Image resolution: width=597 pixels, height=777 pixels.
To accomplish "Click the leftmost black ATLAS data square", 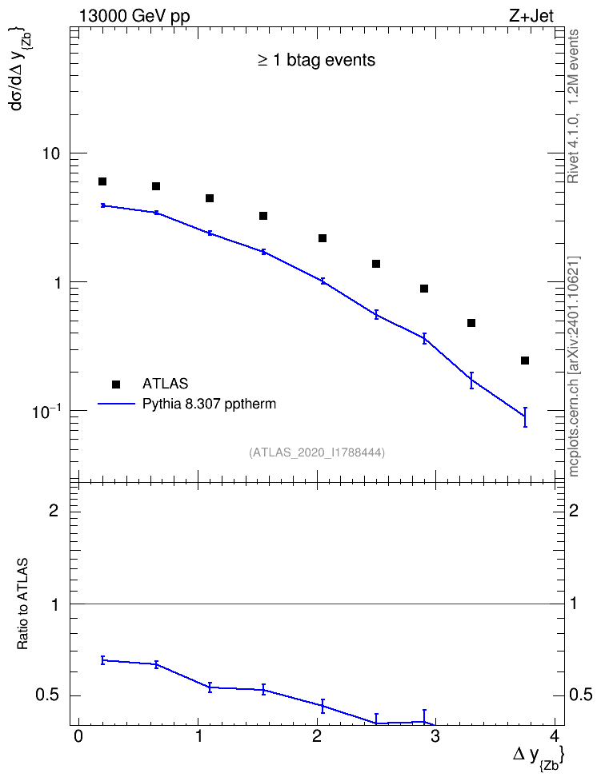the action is [x=102, y=181].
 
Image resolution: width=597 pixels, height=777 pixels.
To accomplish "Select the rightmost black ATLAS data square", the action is [x=525, y=361].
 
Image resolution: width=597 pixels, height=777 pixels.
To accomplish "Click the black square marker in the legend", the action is [x=116, y=384].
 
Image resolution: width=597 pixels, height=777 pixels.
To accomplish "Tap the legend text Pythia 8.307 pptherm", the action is [x=209, y=404].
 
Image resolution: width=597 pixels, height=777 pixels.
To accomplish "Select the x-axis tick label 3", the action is [x=435, y=735].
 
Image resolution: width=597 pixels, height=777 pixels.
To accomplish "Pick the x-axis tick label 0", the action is [x=78, y=735].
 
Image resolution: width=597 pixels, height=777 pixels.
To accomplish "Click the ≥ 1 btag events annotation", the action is [x=317, y=60].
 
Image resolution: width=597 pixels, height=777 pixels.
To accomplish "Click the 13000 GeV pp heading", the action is [x=134, y=17].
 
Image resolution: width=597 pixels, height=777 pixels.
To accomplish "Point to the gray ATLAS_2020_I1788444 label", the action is [x=317, y=452].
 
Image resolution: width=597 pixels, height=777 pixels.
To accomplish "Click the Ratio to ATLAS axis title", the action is [x=22, y=604].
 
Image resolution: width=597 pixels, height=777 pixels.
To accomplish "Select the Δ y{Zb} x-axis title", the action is [x=539, y=758].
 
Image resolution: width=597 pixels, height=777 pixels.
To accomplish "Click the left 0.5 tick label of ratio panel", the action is [x=47, y=695].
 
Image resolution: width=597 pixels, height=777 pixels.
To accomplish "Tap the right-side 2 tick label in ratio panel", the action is [x=574, y=510].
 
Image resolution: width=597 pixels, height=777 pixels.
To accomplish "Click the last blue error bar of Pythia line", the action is [x=525, y=416].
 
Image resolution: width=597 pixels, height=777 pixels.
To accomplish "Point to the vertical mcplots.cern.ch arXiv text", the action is [x=574, y=367].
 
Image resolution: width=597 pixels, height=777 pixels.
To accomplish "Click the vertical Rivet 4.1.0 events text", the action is [x=573, y=106].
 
